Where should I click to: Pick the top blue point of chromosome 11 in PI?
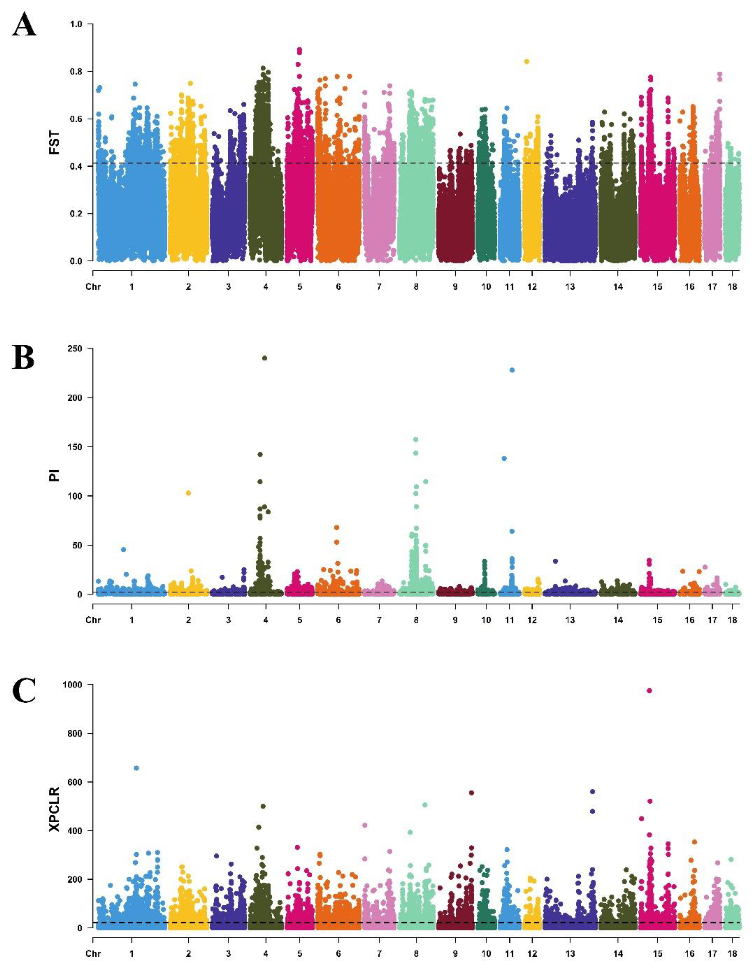point(512,370)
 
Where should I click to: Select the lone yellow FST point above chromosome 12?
point(527,62)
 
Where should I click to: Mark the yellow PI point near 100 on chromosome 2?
point(188,493)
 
